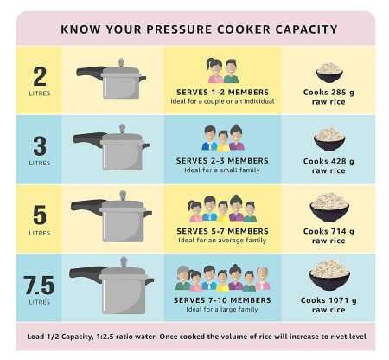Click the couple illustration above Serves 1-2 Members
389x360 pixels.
[223, 70]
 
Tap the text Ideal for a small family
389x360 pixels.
[223, 170]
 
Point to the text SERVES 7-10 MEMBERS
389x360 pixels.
[223, 300]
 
